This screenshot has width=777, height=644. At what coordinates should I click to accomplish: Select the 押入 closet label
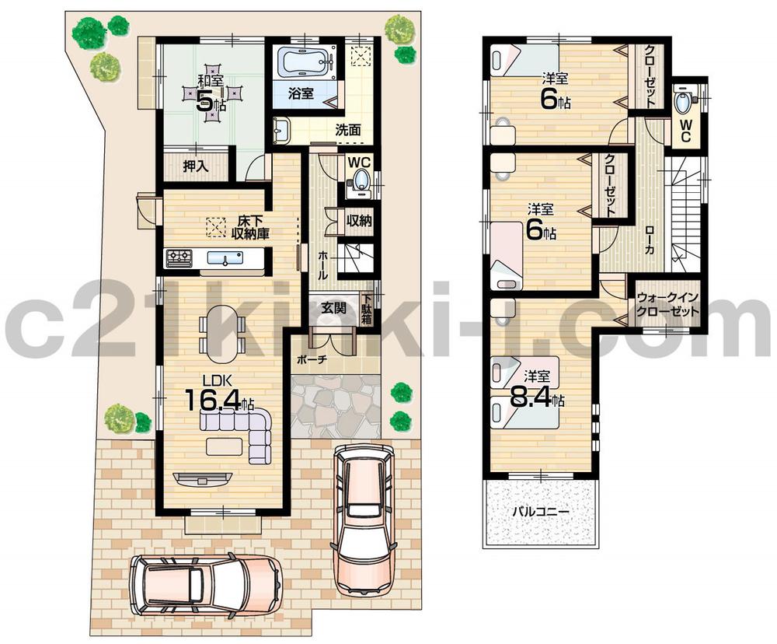tap(195, 166)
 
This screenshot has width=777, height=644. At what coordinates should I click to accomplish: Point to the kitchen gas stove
tap(179, 257)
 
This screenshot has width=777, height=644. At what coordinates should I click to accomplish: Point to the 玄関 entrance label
tap(335, 309)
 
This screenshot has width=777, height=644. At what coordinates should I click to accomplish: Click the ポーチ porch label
tap(313, 360)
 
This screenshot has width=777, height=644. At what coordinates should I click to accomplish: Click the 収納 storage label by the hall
tap(358, 221)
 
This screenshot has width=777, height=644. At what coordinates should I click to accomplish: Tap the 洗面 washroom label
tap(347, 131)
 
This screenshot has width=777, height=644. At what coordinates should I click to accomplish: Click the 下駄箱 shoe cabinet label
tap(366, 309)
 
